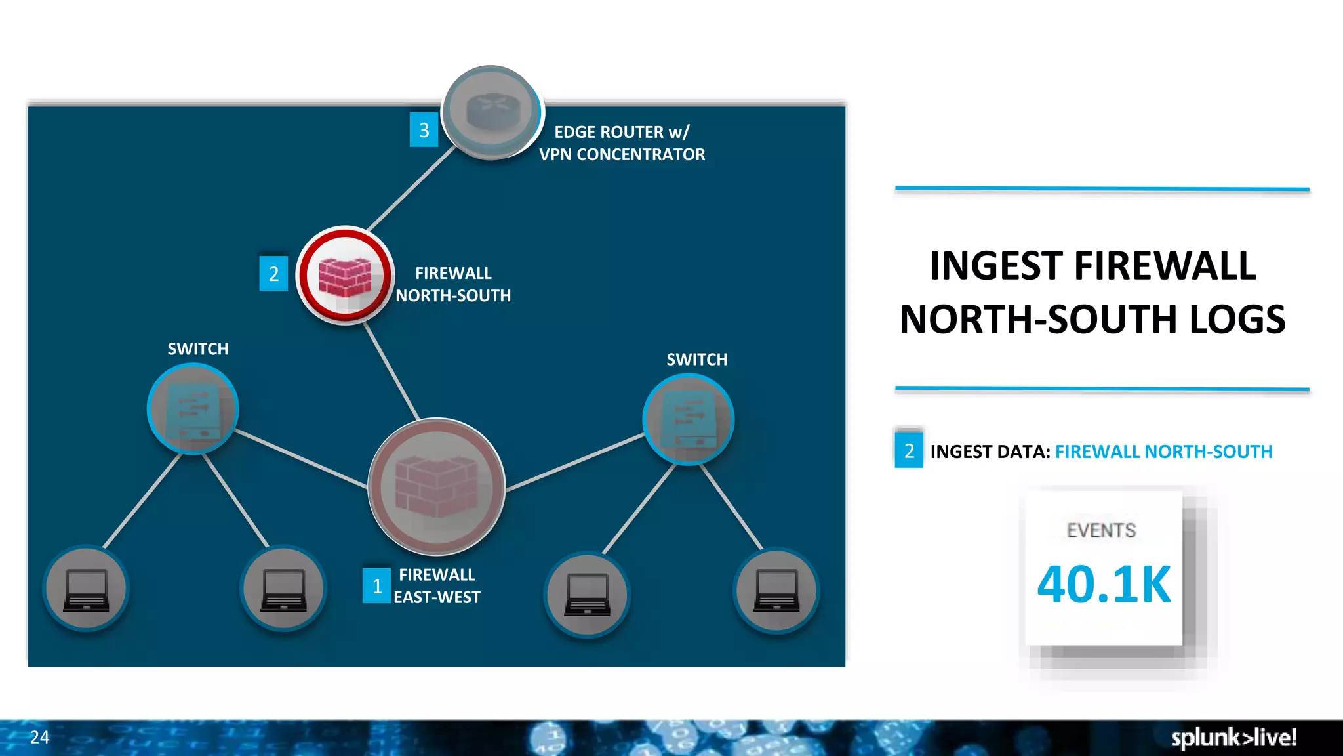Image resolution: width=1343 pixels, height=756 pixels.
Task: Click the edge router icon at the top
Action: pyautogui.click(x=492, y=112)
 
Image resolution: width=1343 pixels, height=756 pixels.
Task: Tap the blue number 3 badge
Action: pyautogui.click(x=424, y=130)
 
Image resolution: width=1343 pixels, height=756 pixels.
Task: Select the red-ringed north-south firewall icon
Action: pyautogui.click(x=345, y=276)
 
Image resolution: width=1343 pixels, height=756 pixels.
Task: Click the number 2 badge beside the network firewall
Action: pyautogui.click(x=273, y=274)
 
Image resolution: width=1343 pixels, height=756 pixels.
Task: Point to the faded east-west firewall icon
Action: pyautogui.click(x=437, y=486)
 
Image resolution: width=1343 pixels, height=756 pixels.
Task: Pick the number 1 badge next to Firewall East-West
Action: pyautogui.click(x=376, y=586)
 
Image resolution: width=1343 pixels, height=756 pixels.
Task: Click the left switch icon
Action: pyautogui.click(x=193, y=409)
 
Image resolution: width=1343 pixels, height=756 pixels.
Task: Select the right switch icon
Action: pyautogui.click(x=688, y=419)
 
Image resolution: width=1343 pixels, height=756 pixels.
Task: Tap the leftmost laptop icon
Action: pyautogui.click(x=86, y=589)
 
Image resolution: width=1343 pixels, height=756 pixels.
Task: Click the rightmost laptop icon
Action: pyautogui.click(x=776, y=590)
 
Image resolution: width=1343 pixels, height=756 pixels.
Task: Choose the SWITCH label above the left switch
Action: pyautogui.click(x=198, y=349)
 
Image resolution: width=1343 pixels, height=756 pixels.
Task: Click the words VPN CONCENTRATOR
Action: pyautogui.click(x=622, y=155)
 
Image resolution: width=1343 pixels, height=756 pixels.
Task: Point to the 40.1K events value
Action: pyautogui.click(x=1104, y=584)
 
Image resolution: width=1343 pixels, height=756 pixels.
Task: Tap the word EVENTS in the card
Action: pyautogui.click(x=1101, y=530)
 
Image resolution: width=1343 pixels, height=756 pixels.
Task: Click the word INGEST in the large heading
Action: pyautogui.click(x=997, y=266)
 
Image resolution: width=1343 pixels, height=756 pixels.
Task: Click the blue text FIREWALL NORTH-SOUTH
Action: pyautogui.click(x=1163, y=451)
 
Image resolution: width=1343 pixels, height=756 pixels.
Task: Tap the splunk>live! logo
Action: pyautogui.click(x=1233, y=738)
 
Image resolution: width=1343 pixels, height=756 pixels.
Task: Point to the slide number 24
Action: pyautogui.click(x=39, y=737)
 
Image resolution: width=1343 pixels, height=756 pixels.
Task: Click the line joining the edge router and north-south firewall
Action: pyautogui.click(x=412, y=188)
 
